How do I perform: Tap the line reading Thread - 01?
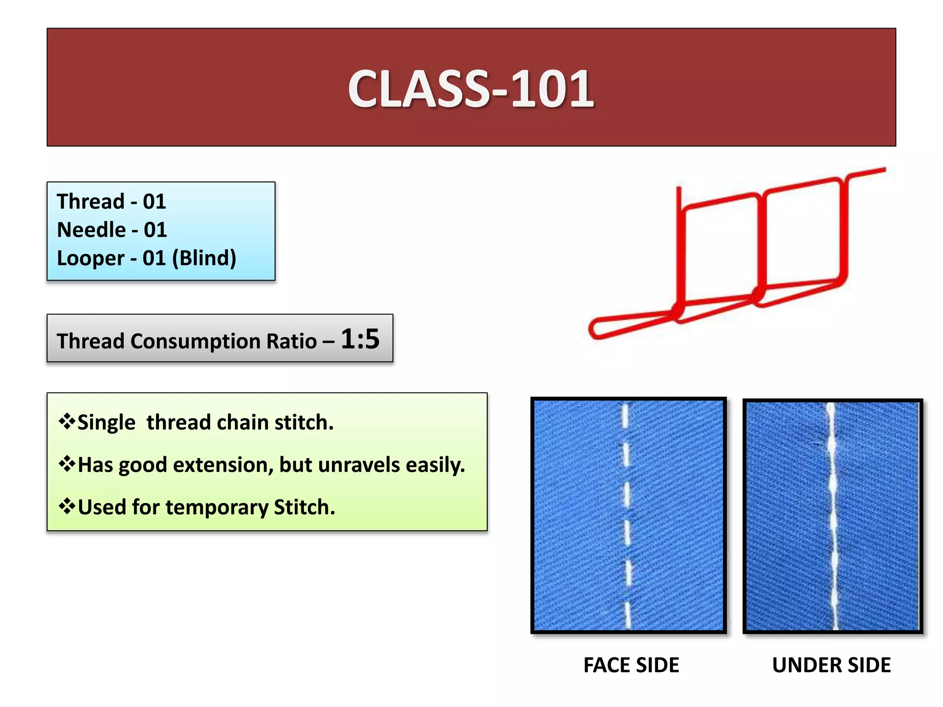tap(111, 202)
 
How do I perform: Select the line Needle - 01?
tap(111, 230)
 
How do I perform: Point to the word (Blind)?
tap(204, 258)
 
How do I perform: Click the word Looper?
tap(90, 258)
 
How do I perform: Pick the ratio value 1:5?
tap(360, 339)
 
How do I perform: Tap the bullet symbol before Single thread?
tap(67, 422)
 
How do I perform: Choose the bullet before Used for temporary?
tap(67, 506)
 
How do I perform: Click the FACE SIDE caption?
tap(631, 665)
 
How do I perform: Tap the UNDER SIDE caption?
tap(831, 665)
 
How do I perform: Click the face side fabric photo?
tap(629, 516)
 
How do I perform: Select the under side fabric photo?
tap(832, 516)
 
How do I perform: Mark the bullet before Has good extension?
tap(67, 464)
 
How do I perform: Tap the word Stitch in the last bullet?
tap(304, 507)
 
